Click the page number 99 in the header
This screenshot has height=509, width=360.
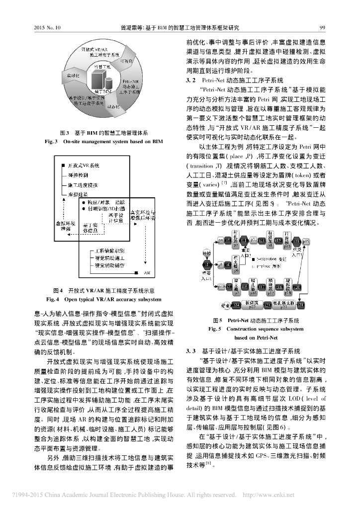coord(322,28)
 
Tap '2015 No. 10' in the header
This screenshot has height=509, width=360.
coord(47,28)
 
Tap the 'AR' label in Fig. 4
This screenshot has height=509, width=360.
coord(147,273)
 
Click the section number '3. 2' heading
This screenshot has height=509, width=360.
coord(191,80)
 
